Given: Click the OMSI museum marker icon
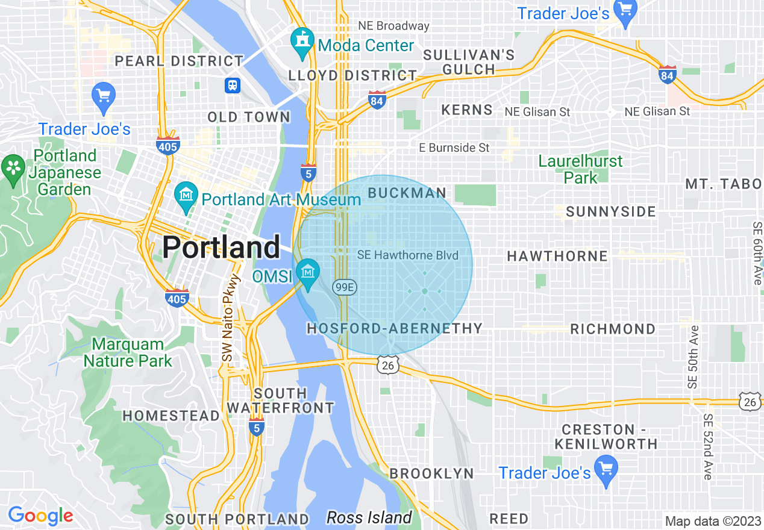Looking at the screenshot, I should coord(308,272).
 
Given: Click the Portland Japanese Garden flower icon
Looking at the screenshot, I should coord(13,166).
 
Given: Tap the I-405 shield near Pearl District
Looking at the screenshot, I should coord(168,145).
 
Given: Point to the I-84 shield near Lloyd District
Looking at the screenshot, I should coord(377,101).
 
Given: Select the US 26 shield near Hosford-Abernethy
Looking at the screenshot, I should coord(387,364).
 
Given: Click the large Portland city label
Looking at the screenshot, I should coord(221,247).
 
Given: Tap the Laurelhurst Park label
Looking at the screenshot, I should coord(580,169).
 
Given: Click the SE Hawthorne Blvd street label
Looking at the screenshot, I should coord(407,255).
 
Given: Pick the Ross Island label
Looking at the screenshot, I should coord(369,517).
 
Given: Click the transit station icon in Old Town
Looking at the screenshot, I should coord(233,86).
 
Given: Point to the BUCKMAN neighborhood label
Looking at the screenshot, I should coord(407,193).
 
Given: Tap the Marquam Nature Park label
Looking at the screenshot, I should coord(128,353).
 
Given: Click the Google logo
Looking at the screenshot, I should coord(40,516).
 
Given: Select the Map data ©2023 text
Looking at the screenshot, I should coord(713,521).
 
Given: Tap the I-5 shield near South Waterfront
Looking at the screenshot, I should coord(256,425).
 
